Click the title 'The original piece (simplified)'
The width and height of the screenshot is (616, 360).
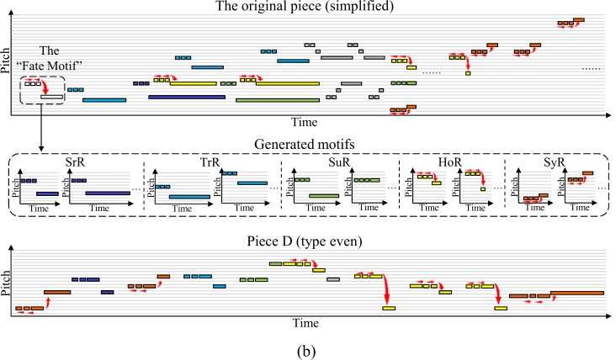tap(308, 8)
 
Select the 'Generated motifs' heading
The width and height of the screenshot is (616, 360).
tap(308, 142)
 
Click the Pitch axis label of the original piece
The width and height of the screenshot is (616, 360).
tap(7, 65)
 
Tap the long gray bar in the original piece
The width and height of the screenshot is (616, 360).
tap(336, 57)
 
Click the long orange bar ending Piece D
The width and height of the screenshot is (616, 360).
tap(577, 293)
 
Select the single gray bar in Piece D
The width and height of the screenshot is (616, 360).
tap(332, 278)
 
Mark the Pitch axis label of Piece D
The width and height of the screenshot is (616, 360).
tap(7, 281)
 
